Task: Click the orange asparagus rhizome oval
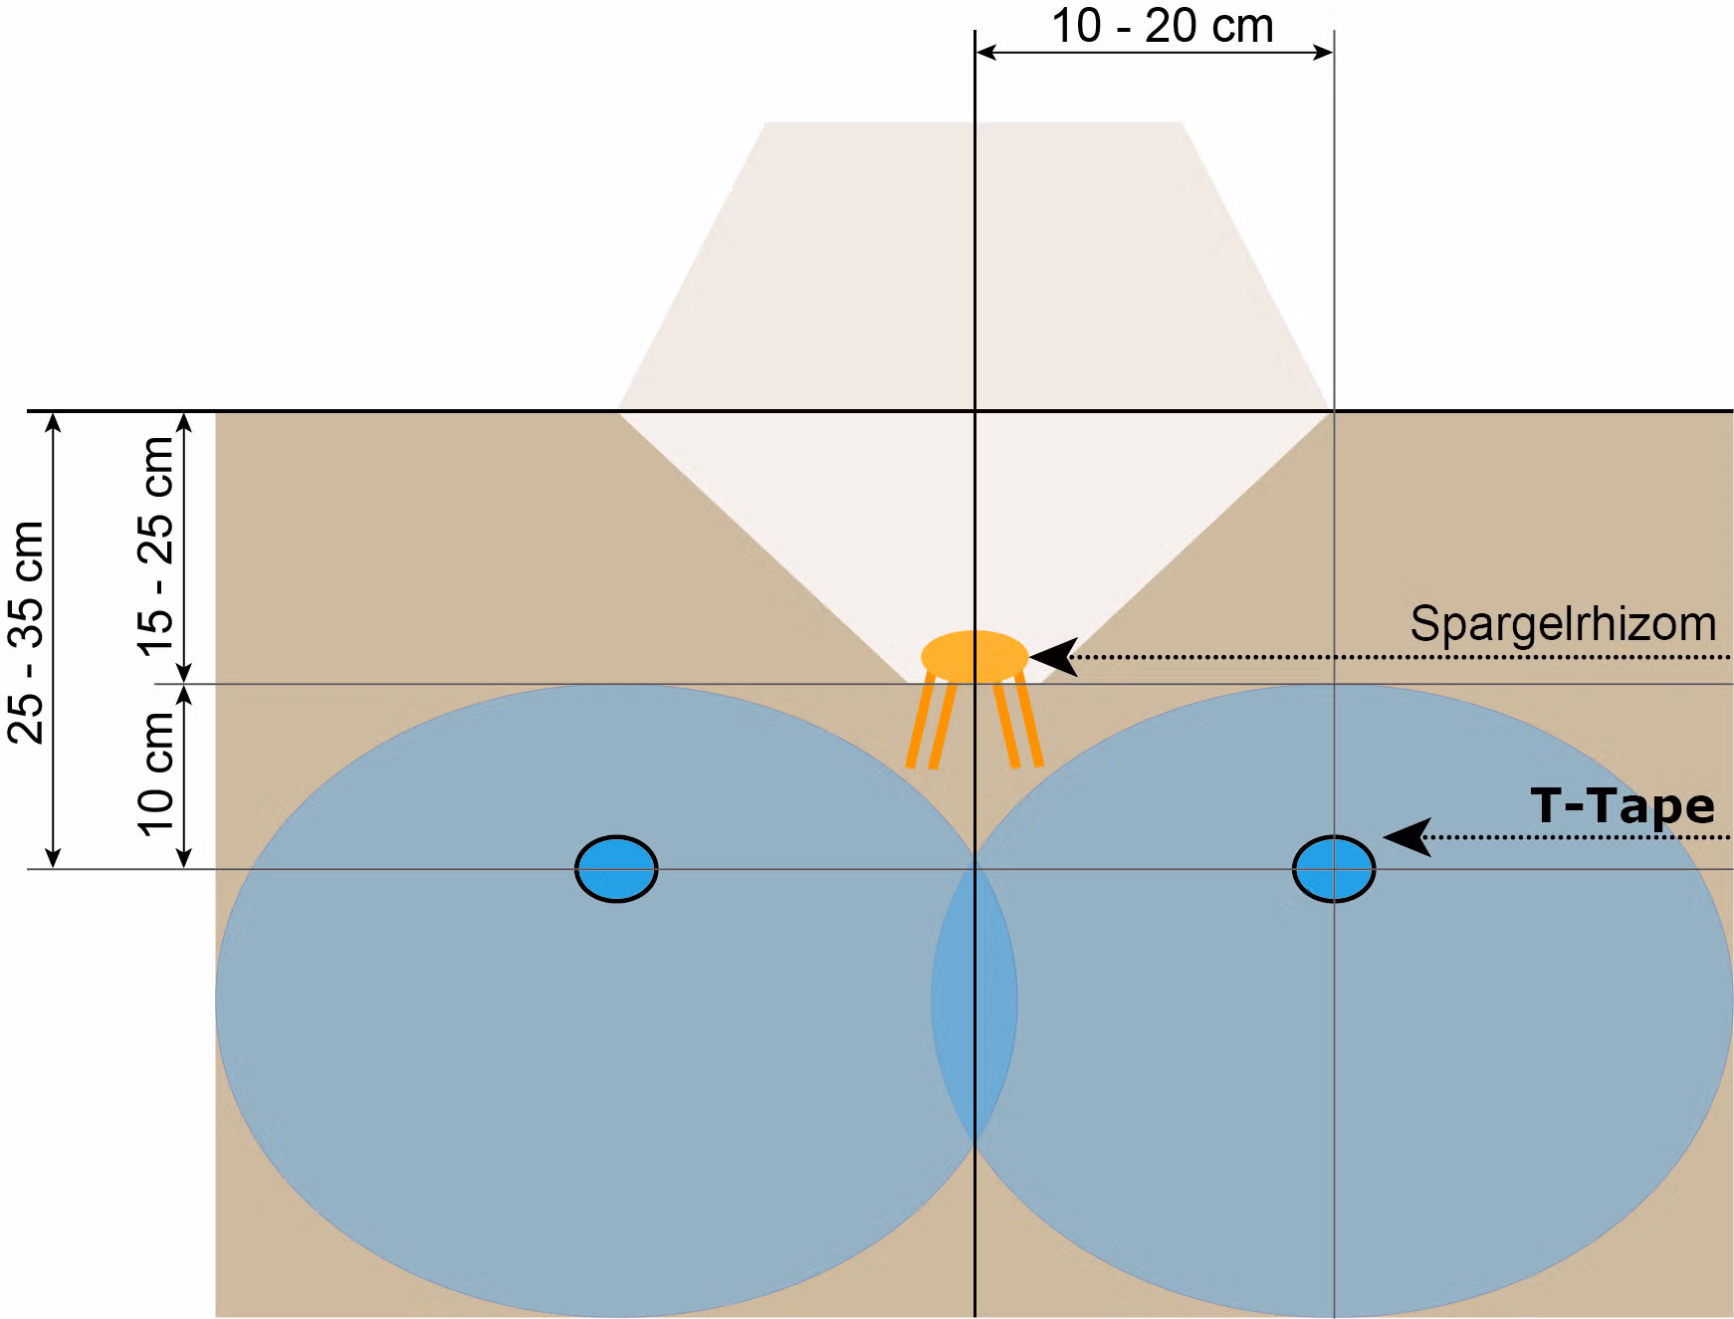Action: pos(975,657)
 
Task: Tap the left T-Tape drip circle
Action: pos(616,869)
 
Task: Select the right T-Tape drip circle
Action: pos(1334,869)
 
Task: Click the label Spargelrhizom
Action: pos(1563,624)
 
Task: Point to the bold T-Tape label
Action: pos(1623,806)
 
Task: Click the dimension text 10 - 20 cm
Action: pos(1163,26)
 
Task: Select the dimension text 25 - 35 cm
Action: pos(27,632)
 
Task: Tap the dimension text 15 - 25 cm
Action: pos(155,547)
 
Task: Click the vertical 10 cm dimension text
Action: pos(155,773)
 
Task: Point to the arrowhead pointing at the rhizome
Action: pos(1053,657)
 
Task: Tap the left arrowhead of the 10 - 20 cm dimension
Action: pos(986,52)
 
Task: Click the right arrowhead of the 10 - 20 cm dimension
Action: pos(1323,52)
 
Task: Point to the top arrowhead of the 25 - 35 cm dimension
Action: pos(54,422)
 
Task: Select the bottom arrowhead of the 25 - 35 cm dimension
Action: pos(54,857)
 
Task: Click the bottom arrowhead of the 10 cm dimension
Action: pos(184,857)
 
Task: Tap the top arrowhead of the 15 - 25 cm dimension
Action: pos(184,422)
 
